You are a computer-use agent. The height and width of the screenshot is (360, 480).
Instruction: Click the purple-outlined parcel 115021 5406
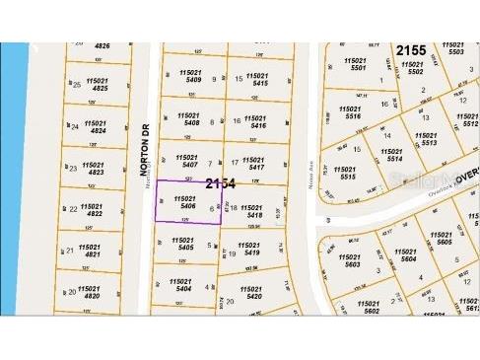pos(186,202)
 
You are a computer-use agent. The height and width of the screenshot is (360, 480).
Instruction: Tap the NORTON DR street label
pos(143,144)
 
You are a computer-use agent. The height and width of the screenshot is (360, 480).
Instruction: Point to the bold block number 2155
pos(412,49)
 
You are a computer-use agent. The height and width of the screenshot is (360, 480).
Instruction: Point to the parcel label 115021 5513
pos(429,137)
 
